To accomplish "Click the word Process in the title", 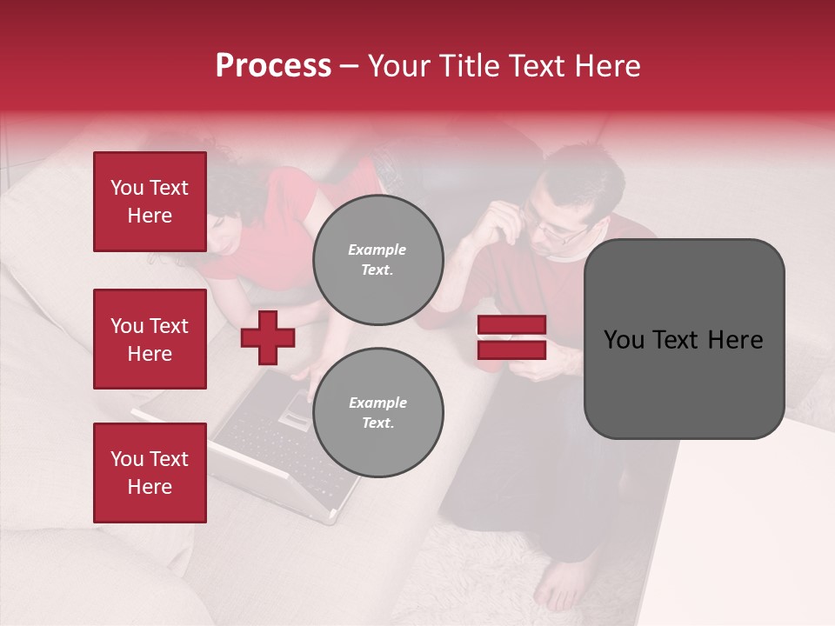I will point(273,66).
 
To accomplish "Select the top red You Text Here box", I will point(150,202).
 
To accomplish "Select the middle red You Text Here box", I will point(150,339).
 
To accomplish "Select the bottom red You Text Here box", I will point(150,472).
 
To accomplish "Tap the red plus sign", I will point(268,337).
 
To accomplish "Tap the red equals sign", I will point(511,337).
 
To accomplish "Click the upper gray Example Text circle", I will point(377,260).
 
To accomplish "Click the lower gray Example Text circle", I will point(377,412).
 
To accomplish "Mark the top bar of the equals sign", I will point(511,325).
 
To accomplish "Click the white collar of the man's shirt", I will point(570,256).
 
